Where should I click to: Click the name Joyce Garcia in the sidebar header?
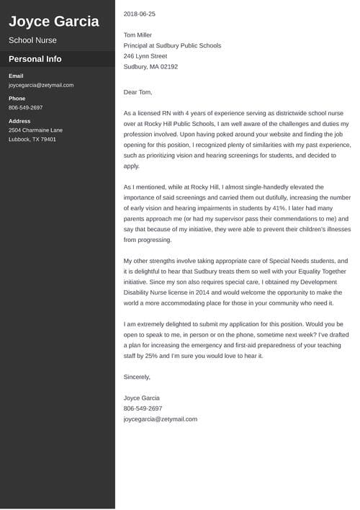coord(54,22)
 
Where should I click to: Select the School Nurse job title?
coord(32,40)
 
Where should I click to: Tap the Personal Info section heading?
coord(35,59)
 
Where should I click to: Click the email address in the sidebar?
coord(41,85)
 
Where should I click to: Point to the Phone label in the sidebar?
coord(17,98)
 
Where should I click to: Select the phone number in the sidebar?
coord(26,107)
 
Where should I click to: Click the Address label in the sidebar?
coord(19,121)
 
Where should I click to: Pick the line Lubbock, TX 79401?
coord(32,139)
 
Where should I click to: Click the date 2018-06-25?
coord(140,14)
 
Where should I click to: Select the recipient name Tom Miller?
coord(138,35)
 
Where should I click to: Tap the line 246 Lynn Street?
coord(145,55)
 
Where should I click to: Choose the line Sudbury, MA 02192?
coord(150,66)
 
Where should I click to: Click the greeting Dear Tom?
coord(138,92)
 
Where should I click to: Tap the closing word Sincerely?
coord(137,377)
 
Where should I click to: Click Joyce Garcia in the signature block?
coord(142,398)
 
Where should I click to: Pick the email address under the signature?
coord(160,419)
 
